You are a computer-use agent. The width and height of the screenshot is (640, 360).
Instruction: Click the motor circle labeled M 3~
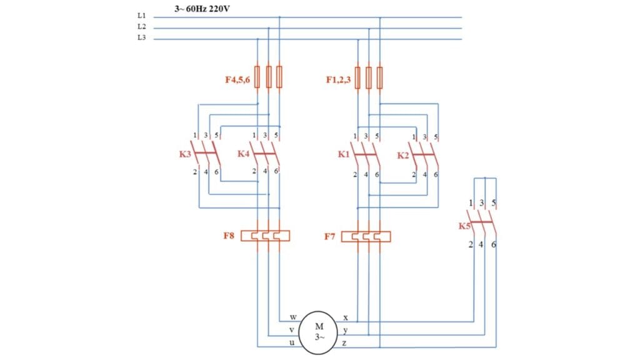[319, 331]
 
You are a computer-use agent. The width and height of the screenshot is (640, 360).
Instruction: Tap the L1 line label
[141, 16]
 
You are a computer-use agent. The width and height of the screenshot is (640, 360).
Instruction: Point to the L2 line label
[141, 27]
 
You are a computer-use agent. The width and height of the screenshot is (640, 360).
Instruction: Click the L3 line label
[141, 39]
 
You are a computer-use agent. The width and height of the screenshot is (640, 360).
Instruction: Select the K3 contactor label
[185, 154]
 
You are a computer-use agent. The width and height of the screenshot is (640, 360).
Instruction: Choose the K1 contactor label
[344, 154]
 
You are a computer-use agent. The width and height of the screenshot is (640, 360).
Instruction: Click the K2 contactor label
[404, 154]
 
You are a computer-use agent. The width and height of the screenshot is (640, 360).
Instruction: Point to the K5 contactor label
[464, 226]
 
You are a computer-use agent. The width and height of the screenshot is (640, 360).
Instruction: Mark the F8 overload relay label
[229, 236]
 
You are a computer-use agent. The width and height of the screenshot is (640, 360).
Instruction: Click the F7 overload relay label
[330, 236]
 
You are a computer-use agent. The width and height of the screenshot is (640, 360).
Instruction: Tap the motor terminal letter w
[293, 317]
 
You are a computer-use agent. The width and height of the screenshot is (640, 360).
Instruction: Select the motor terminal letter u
[292, 342]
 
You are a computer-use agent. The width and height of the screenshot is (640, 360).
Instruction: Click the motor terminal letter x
[346, 317]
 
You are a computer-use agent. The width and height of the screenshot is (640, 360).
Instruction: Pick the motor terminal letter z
[346, 343]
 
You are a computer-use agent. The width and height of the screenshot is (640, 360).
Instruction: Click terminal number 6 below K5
[494, 244]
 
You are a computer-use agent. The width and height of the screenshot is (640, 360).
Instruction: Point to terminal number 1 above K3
[196, 136]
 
